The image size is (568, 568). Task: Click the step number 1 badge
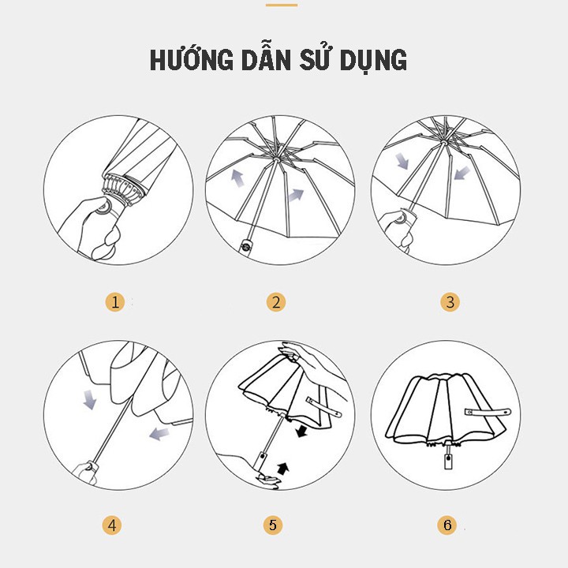pyautogui.click(x=116, y=301)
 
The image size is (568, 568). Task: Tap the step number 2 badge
pyautogui.click(x=275, y=301)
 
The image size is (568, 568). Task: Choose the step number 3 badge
pyautogui.click(x=450, y=301)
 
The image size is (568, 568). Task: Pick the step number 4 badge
pyautogui.click(x=112, y=525)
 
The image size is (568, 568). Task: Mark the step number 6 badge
pyautogui.click(x=447, y=525)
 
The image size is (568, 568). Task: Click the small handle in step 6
pyautogui.click(x=448, y=457)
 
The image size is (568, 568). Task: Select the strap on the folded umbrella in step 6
pyautogui.click(x=487, y=413)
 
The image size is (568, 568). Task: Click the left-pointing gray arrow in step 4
pyautogui.click(x=159, y=432)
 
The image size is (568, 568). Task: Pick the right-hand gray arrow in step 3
pyautogui.click(x=461, y=172)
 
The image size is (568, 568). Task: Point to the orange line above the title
pyautogui.click(x=282, y=5)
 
